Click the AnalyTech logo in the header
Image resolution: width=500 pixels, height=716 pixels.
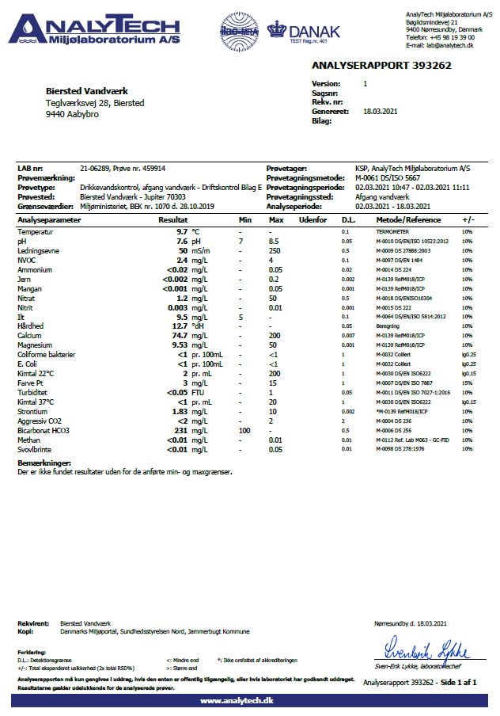click(x=93, y=29)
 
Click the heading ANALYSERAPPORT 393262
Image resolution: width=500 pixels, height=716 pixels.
click(x=381, y=66)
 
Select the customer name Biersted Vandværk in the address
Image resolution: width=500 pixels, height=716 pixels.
click(x=87, y=92)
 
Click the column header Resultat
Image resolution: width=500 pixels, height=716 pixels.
click(x=172, y=219)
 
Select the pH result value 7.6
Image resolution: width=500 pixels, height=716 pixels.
click(x=180, y=240)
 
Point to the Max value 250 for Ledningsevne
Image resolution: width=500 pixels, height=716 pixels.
click(x=275, y=249)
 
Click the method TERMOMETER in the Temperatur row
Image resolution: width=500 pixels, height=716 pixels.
click(x=394, y=230)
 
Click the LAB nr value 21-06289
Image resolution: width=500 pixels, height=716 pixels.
click(x=96, y=168)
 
